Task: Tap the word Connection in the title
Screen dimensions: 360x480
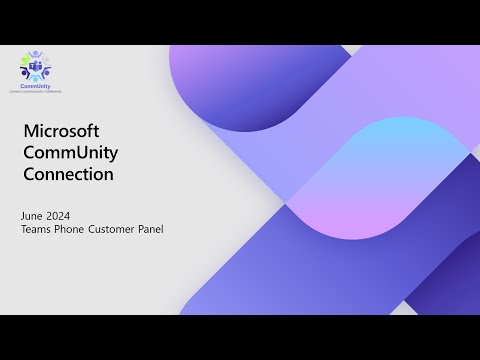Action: pos(67,174)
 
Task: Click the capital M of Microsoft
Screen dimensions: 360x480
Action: pos(29,132)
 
